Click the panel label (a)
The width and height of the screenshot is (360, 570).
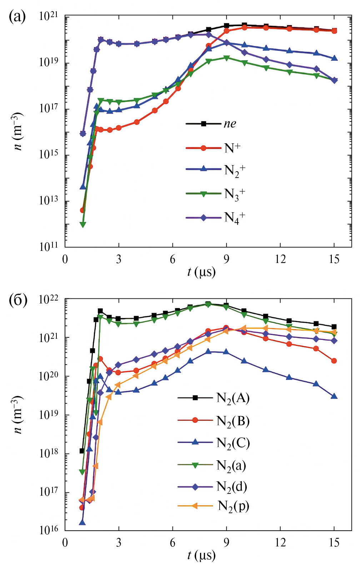pyautogui.click(x=17, y=16)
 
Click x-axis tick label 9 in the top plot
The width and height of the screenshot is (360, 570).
pyautogui.click(x=226, y=259)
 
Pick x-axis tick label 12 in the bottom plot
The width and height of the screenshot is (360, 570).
pyautogui.click(x=280, y=543)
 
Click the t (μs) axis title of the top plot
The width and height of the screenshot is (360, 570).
pyautogui.click(x=201, y=272)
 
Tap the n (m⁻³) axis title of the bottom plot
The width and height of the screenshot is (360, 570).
pyautogui.click(x=18, y=415)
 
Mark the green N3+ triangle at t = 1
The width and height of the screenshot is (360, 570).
pyautogui.click(x=83, y=224)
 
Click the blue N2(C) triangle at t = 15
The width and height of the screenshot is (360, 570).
pyautogui.click(x=334, y=396)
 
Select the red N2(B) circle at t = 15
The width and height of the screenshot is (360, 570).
pyautogui.click(x=334, y=361)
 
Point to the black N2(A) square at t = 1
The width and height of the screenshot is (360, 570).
pyautogui.click(x=82, y=451)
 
